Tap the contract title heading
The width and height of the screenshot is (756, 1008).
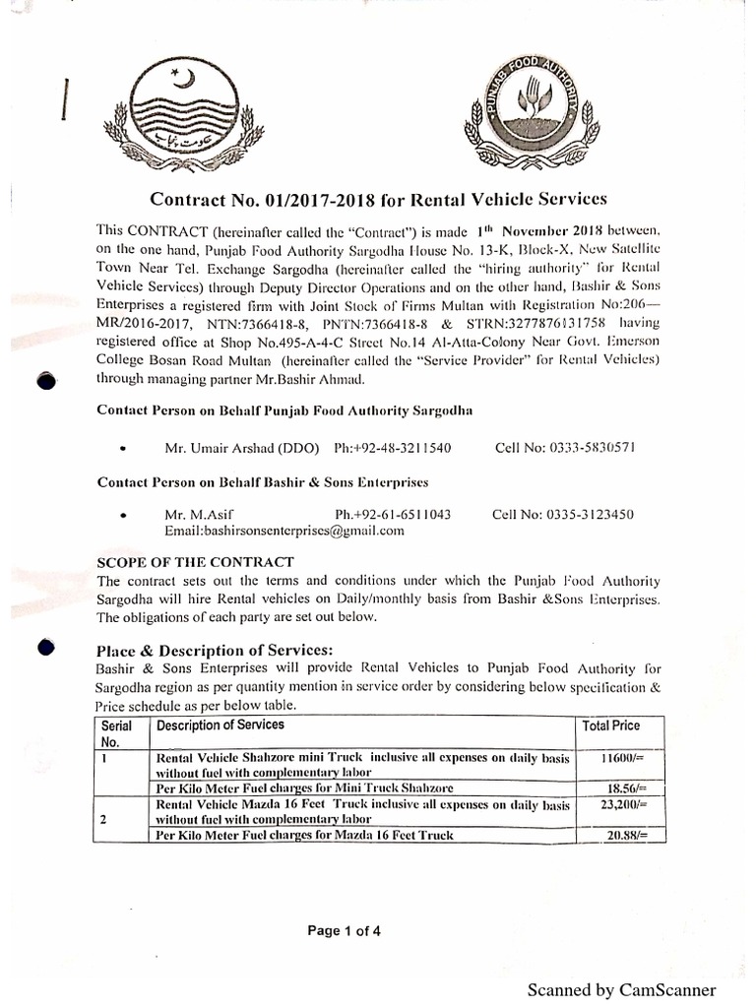tap(378, 199)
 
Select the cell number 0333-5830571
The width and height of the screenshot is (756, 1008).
tap(565, 448)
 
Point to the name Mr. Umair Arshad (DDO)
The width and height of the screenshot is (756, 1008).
tap(242, 448)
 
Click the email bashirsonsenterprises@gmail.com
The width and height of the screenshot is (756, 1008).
tap(284, 530)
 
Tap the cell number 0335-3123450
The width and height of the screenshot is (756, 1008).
tap(562, 514)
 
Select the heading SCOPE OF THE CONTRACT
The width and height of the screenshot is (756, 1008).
tap(195, 562)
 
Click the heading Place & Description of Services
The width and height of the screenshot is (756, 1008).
tap(215, 651)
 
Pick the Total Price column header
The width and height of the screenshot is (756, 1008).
tap(610, 725)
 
